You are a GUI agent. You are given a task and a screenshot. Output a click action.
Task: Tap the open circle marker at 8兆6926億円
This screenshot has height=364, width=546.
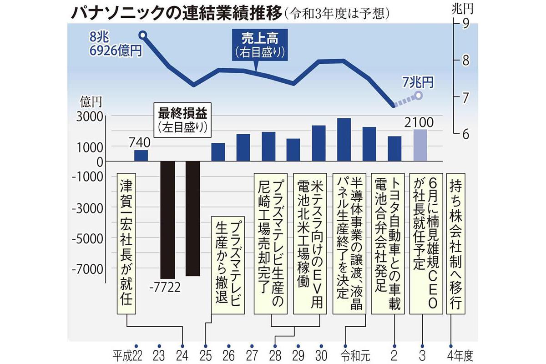tap(142, 35)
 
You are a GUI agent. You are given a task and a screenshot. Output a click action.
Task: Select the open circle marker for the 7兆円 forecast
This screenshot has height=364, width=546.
tap(419, 96)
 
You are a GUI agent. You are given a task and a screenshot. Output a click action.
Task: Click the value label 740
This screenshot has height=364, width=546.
tap(140, 143)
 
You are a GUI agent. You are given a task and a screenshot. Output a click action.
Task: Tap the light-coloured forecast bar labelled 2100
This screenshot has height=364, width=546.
tap(420, 145)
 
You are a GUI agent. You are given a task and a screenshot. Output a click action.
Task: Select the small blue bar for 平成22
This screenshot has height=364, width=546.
tap(141, 156)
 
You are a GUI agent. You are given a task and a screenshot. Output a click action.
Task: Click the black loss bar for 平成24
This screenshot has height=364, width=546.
tap(193, 218)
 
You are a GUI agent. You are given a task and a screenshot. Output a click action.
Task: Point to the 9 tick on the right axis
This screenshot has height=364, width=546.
tap(466, 24)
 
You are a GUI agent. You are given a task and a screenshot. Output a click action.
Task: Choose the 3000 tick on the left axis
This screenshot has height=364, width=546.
tap(91, 117)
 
